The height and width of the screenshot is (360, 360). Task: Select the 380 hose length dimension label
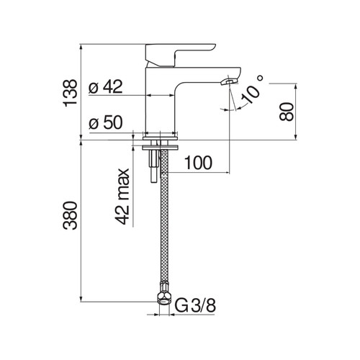[70, 215]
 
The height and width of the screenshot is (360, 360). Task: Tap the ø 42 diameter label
[106, 86]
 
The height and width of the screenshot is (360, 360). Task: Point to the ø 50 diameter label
[106, 122]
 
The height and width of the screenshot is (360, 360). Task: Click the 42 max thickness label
[122, 197]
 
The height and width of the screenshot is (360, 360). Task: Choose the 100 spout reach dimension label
[198, 163]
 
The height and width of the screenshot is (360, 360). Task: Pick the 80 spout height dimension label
[287, 112]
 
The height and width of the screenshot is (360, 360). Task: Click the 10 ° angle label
[253, 89]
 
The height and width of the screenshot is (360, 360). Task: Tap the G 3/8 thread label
[195, 305]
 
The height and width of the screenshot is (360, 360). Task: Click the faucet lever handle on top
[179, 55]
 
